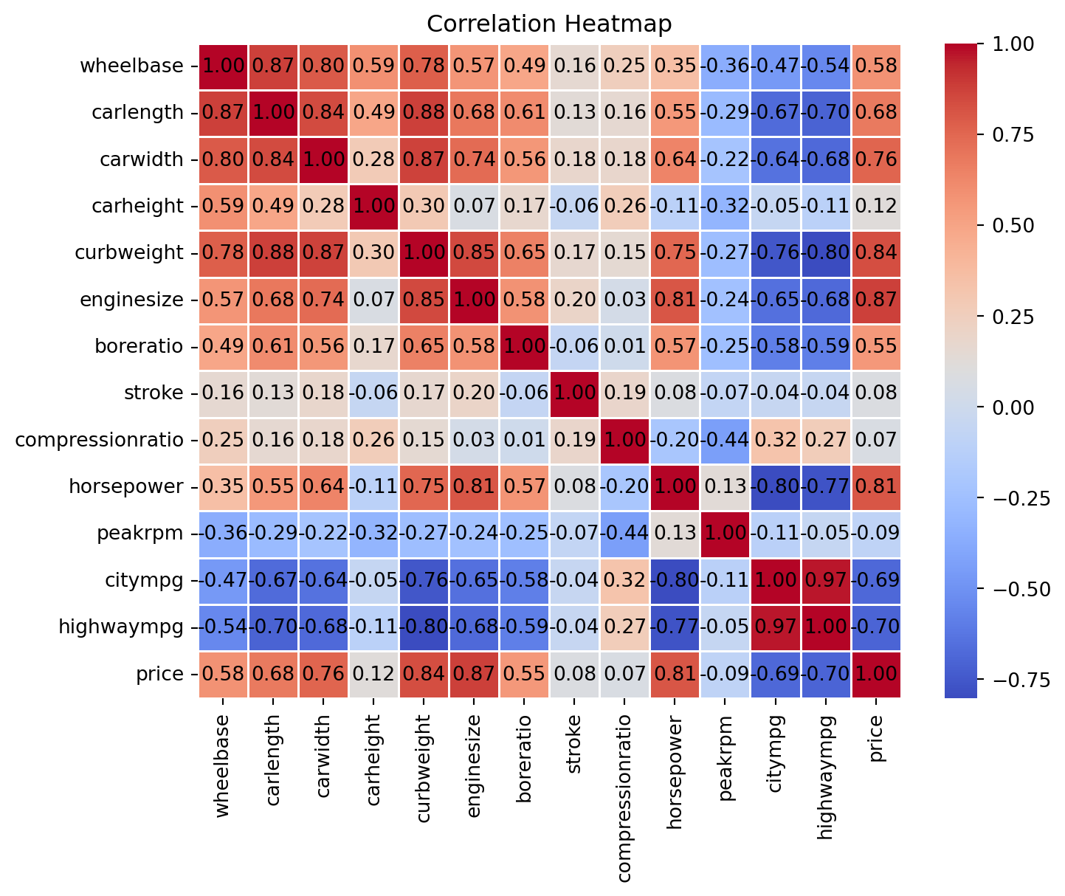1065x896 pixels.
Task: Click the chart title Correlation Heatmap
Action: click(x=549, y=24)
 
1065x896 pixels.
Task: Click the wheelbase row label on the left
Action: click(x=131, y=66)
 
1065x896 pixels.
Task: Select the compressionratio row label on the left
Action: click(x=99, y=441)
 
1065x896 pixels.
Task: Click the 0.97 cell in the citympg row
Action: click(x=826, y=580)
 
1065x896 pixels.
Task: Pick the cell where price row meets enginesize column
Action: click(x=475, y=674)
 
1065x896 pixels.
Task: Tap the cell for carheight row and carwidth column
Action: click(x=324, y=206)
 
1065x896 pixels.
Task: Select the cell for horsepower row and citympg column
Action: click(x=776, y=487)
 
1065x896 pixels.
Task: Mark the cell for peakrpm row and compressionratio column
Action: click(x=625, y=534)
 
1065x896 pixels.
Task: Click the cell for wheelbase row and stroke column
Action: click(x=575, y=66)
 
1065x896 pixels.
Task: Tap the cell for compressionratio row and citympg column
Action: click(x=776, y=441)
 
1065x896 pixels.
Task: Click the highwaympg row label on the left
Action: click(x=121, y=627)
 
